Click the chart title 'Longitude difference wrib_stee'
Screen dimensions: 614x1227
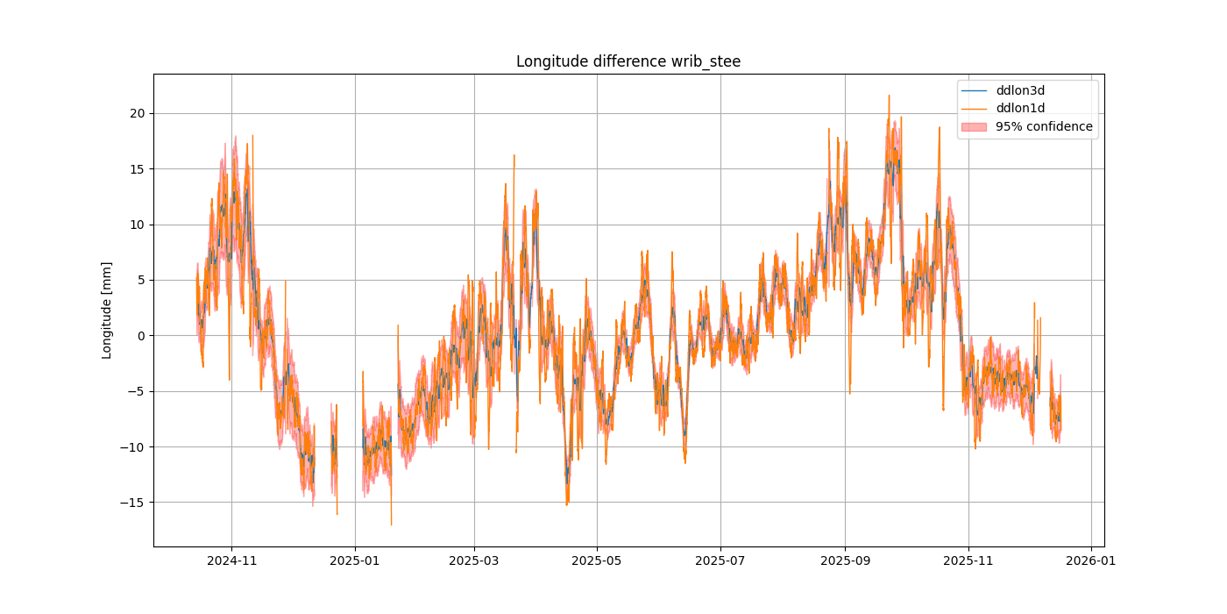click(x=628, y=61)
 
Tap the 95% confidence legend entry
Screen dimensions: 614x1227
click(x=1044, y=126)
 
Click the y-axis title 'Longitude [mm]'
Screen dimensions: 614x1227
click(x=107, y=310)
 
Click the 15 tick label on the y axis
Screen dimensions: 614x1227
click(x=138, y=169)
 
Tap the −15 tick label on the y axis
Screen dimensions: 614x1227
click(x=134, y=503)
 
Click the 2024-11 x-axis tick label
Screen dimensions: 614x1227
click(x=231, y=561)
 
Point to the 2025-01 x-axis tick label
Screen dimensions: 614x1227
click(x=355, y=561)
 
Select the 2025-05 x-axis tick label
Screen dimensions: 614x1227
click(x=597, y=561)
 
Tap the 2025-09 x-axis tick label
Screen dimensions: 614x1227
click(x=845, y=561)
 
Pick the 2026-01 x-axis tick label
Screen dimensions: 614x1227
click(x=1091, y=561)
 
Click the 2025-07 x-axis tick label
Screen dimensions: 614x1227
click(x=720, y=561)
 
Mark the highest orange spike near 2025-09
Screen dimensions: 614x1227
click(x=889, y=96)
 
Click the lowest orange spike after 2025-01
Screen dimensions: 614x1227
click(x=391, y=525)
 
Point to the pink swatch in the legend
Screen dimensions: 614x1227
click(x=974, y=126)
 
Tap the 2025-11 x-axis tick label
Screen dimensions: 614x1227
click(x=968, y=561)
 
